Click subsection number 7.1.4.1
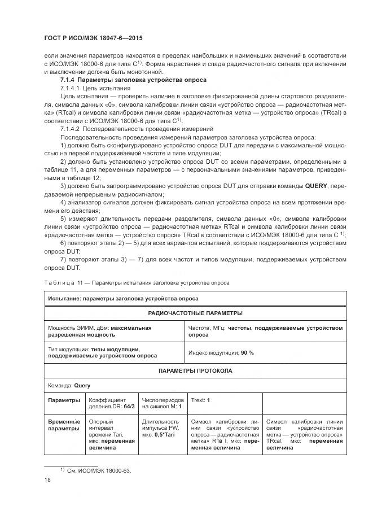point(70,89)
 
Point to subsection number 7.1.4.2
point(70,129)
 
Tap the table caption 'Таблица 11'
point(63,282)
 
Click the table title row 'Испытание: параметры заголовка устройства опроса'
point(123,298)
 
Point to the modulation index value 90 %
point(247,352)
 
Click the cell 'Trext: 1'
point(201,400)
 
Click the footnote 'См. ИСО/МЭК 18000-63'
point(99,470)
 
